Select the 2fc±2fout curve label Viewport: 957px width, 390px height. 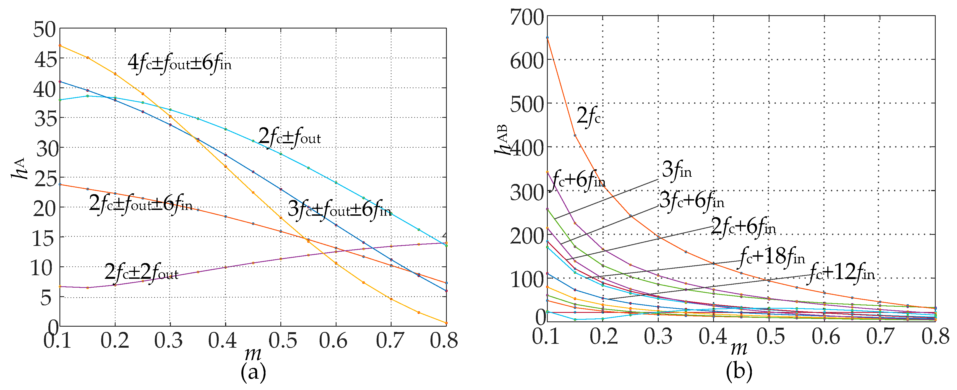141,272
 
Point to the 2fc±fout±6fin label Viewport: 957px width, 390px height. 140,204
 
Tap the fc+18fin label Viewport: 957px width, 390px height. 772,256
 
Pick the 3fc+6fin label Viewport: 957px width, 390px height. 692,201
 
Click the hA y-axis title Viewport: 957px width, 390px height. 19,168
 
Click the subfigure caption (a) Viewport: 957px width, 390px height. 253,372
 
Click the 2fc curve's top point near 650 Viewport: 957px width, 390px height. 547,38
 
